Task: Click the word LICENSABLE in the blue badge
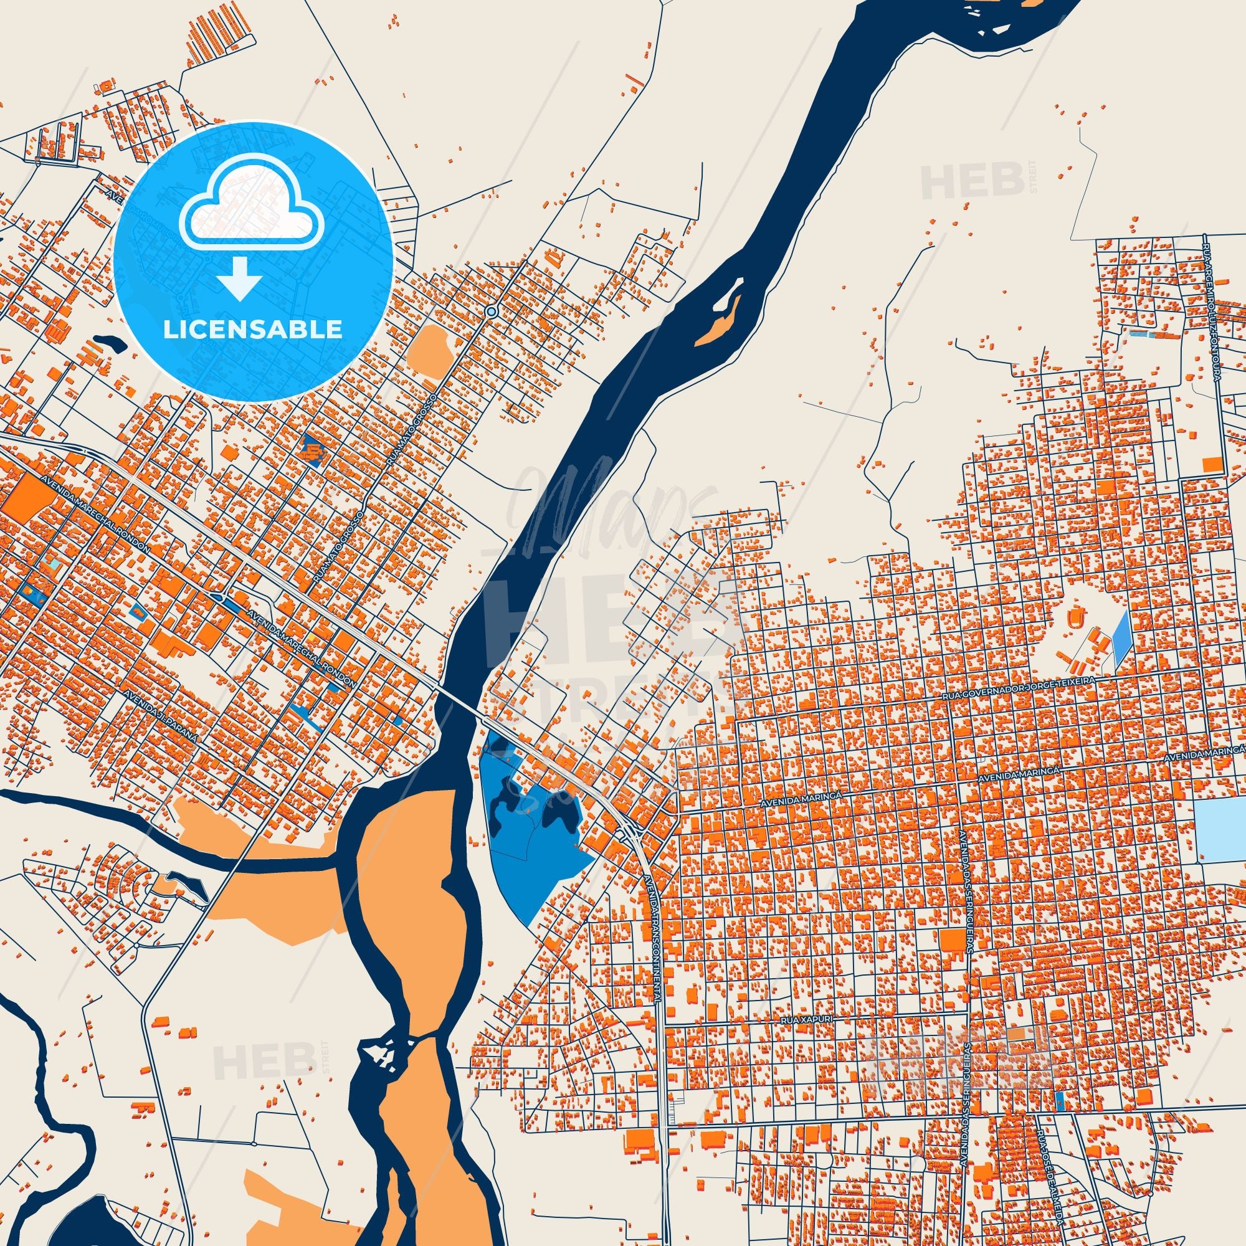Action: pos(252,330)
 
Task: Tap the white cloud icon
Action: pos(252,214)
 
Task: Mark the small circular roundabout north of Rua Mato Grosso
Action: pos(492,311)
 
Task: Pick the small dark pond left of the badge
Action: pos(108,343)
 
